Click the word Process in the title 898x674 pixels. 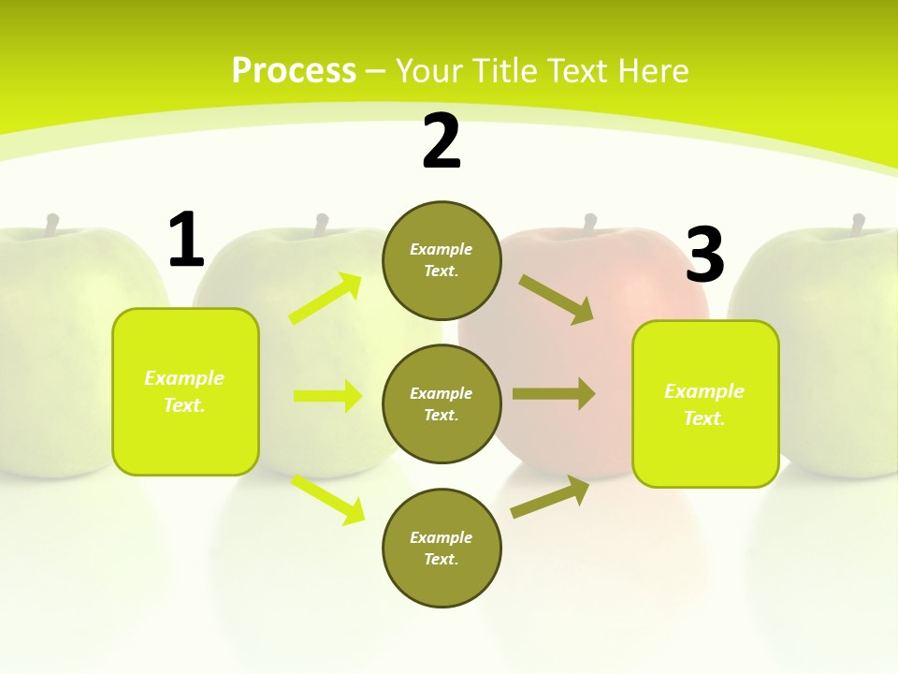click(294, 70)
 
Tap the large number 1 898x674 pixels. click(186, 241)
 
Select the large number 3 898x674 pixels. click(704, 255)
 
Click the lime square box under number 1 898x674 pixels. click(185, 391)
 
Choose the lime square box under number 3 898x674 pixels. click(705, 403)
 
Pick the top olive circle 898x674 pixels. click(442, 260)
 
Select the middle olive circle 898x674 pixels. click(442, 403)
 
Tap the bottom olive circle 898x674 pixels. click(442, 548)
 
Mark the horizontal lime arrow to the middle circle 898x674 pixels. click(327, 396)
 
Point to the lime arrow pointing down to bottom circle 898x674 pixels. click(328, 499)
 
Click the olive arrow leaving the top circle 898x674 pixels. click(557, 299)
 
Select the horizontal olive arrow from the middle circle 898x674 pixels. click(554, 393)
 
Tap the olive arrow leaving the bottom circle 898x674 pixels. click(550, 497)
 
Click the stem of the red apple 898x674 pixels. click(589, 223)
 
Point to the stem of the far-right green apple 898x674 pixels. click(857, 223)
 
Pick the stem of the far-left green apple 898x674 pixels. click(52, 224)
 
